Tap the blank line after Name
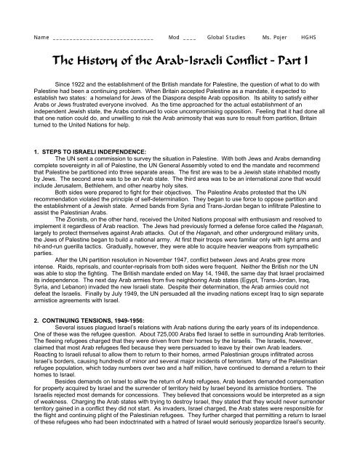(x=102, y=36)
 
